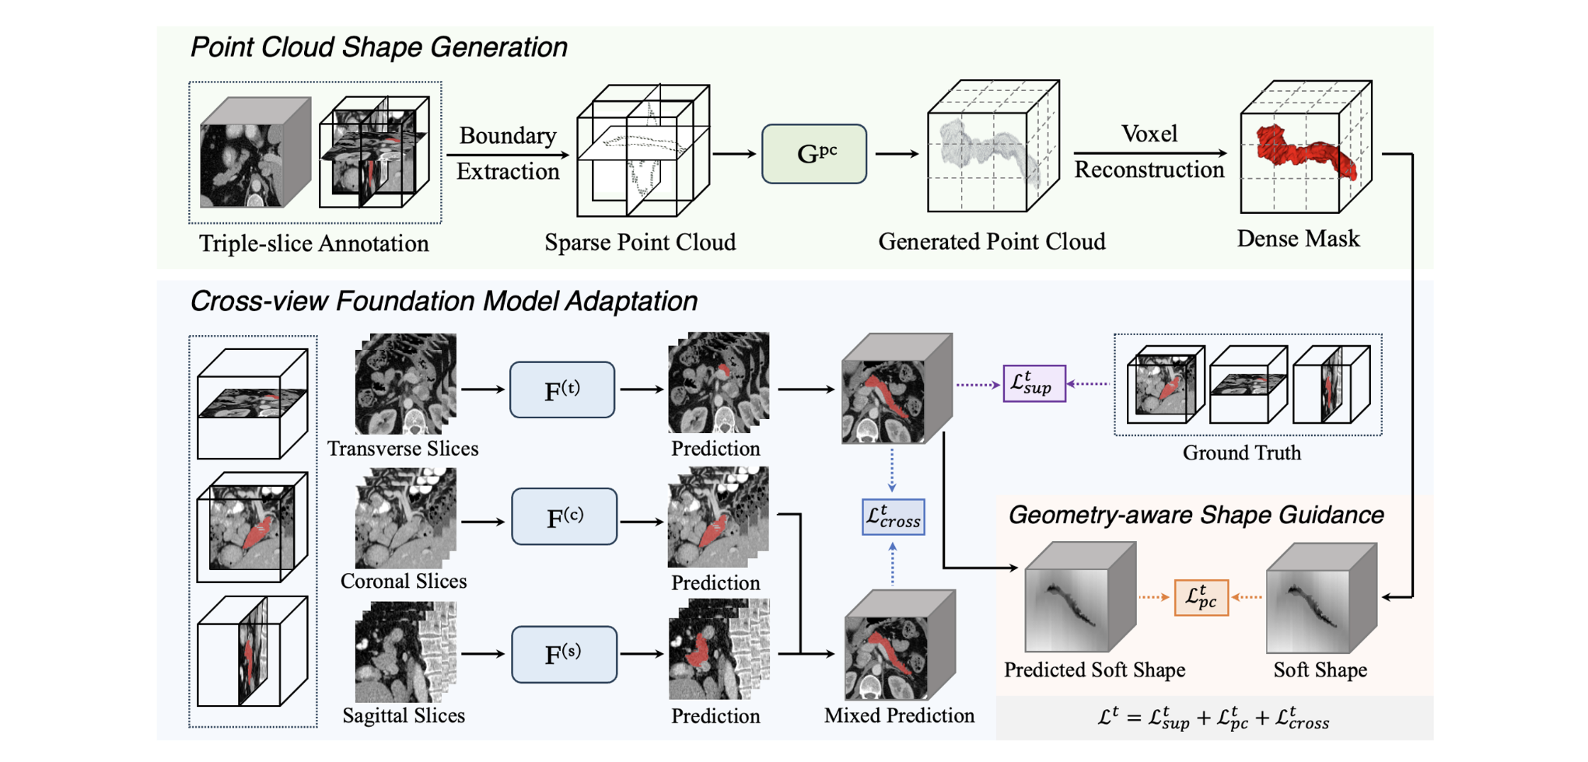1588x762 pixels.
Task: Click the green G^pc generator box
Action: [813, 154]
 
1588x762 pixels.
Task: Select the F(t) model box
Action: [561, 390]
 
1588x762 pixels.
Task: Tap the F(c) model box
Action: [564, 517]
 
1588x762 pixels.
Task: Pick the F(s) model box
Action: [564, 654]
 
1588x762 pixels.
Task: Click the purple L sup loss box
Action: [1034, 383]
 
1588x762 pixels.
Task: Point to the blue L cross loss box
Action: [893, 517]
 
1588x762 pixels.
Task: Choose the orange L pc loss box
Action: [1201, 597]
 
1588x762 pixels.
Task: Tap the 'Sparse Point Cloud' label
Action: [639, 243]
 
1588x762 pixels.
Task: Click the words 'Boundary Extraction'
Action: [507, 153]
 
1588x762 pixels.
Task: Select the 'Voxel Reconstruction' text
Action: [1149, 152]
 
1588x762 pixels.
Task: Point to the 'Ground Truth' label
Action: [1241, 453]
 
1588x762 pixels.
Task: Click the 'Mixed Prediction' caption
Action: [899, 716]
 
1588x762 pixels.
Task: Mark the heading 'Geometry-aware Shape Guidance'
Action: [1195, 516]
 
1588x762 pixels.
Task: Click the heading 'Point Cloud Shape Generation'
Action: [379, 47]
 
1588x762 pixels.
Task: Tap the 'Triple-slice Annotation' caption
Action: [313, 244]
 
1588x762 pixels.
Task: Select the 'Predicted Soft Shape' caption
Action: [1094, 670]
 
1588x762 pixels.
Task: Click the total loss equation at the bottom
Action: [1213, 718]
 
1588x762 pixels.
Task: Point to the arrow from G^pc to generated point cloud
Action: [897, 154]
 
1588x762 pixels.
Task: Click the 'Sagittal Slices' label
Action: [404, 716]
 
